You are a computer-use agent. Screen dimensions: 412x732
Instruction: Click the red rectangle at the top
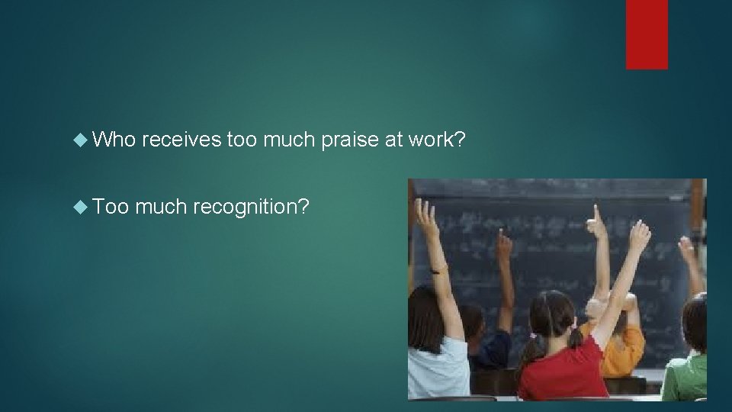coord(647,34)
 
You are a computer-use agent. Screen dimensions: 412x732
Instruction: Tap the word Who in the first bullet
coord(116,140)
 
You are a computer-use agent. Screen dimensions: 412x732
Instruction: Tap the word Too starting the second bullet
coord(116,205)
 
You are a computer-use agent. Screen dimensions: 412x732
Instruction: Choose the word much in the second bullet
coord(163,205)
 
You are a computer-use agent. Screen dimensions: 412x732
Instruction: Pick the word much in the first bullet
coord(288,140)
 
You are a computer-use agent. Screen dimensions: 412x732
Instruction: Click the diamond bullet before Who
coord(83,140)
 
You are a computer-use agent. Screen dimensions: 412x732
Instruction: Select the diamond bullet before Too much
coord(83,206)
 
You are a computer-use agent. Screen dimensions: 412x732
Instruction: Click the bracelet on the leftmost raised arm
coord(438,269)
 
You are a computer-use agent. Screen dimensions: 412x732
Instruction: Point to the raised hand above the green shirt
coord(689,252)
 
